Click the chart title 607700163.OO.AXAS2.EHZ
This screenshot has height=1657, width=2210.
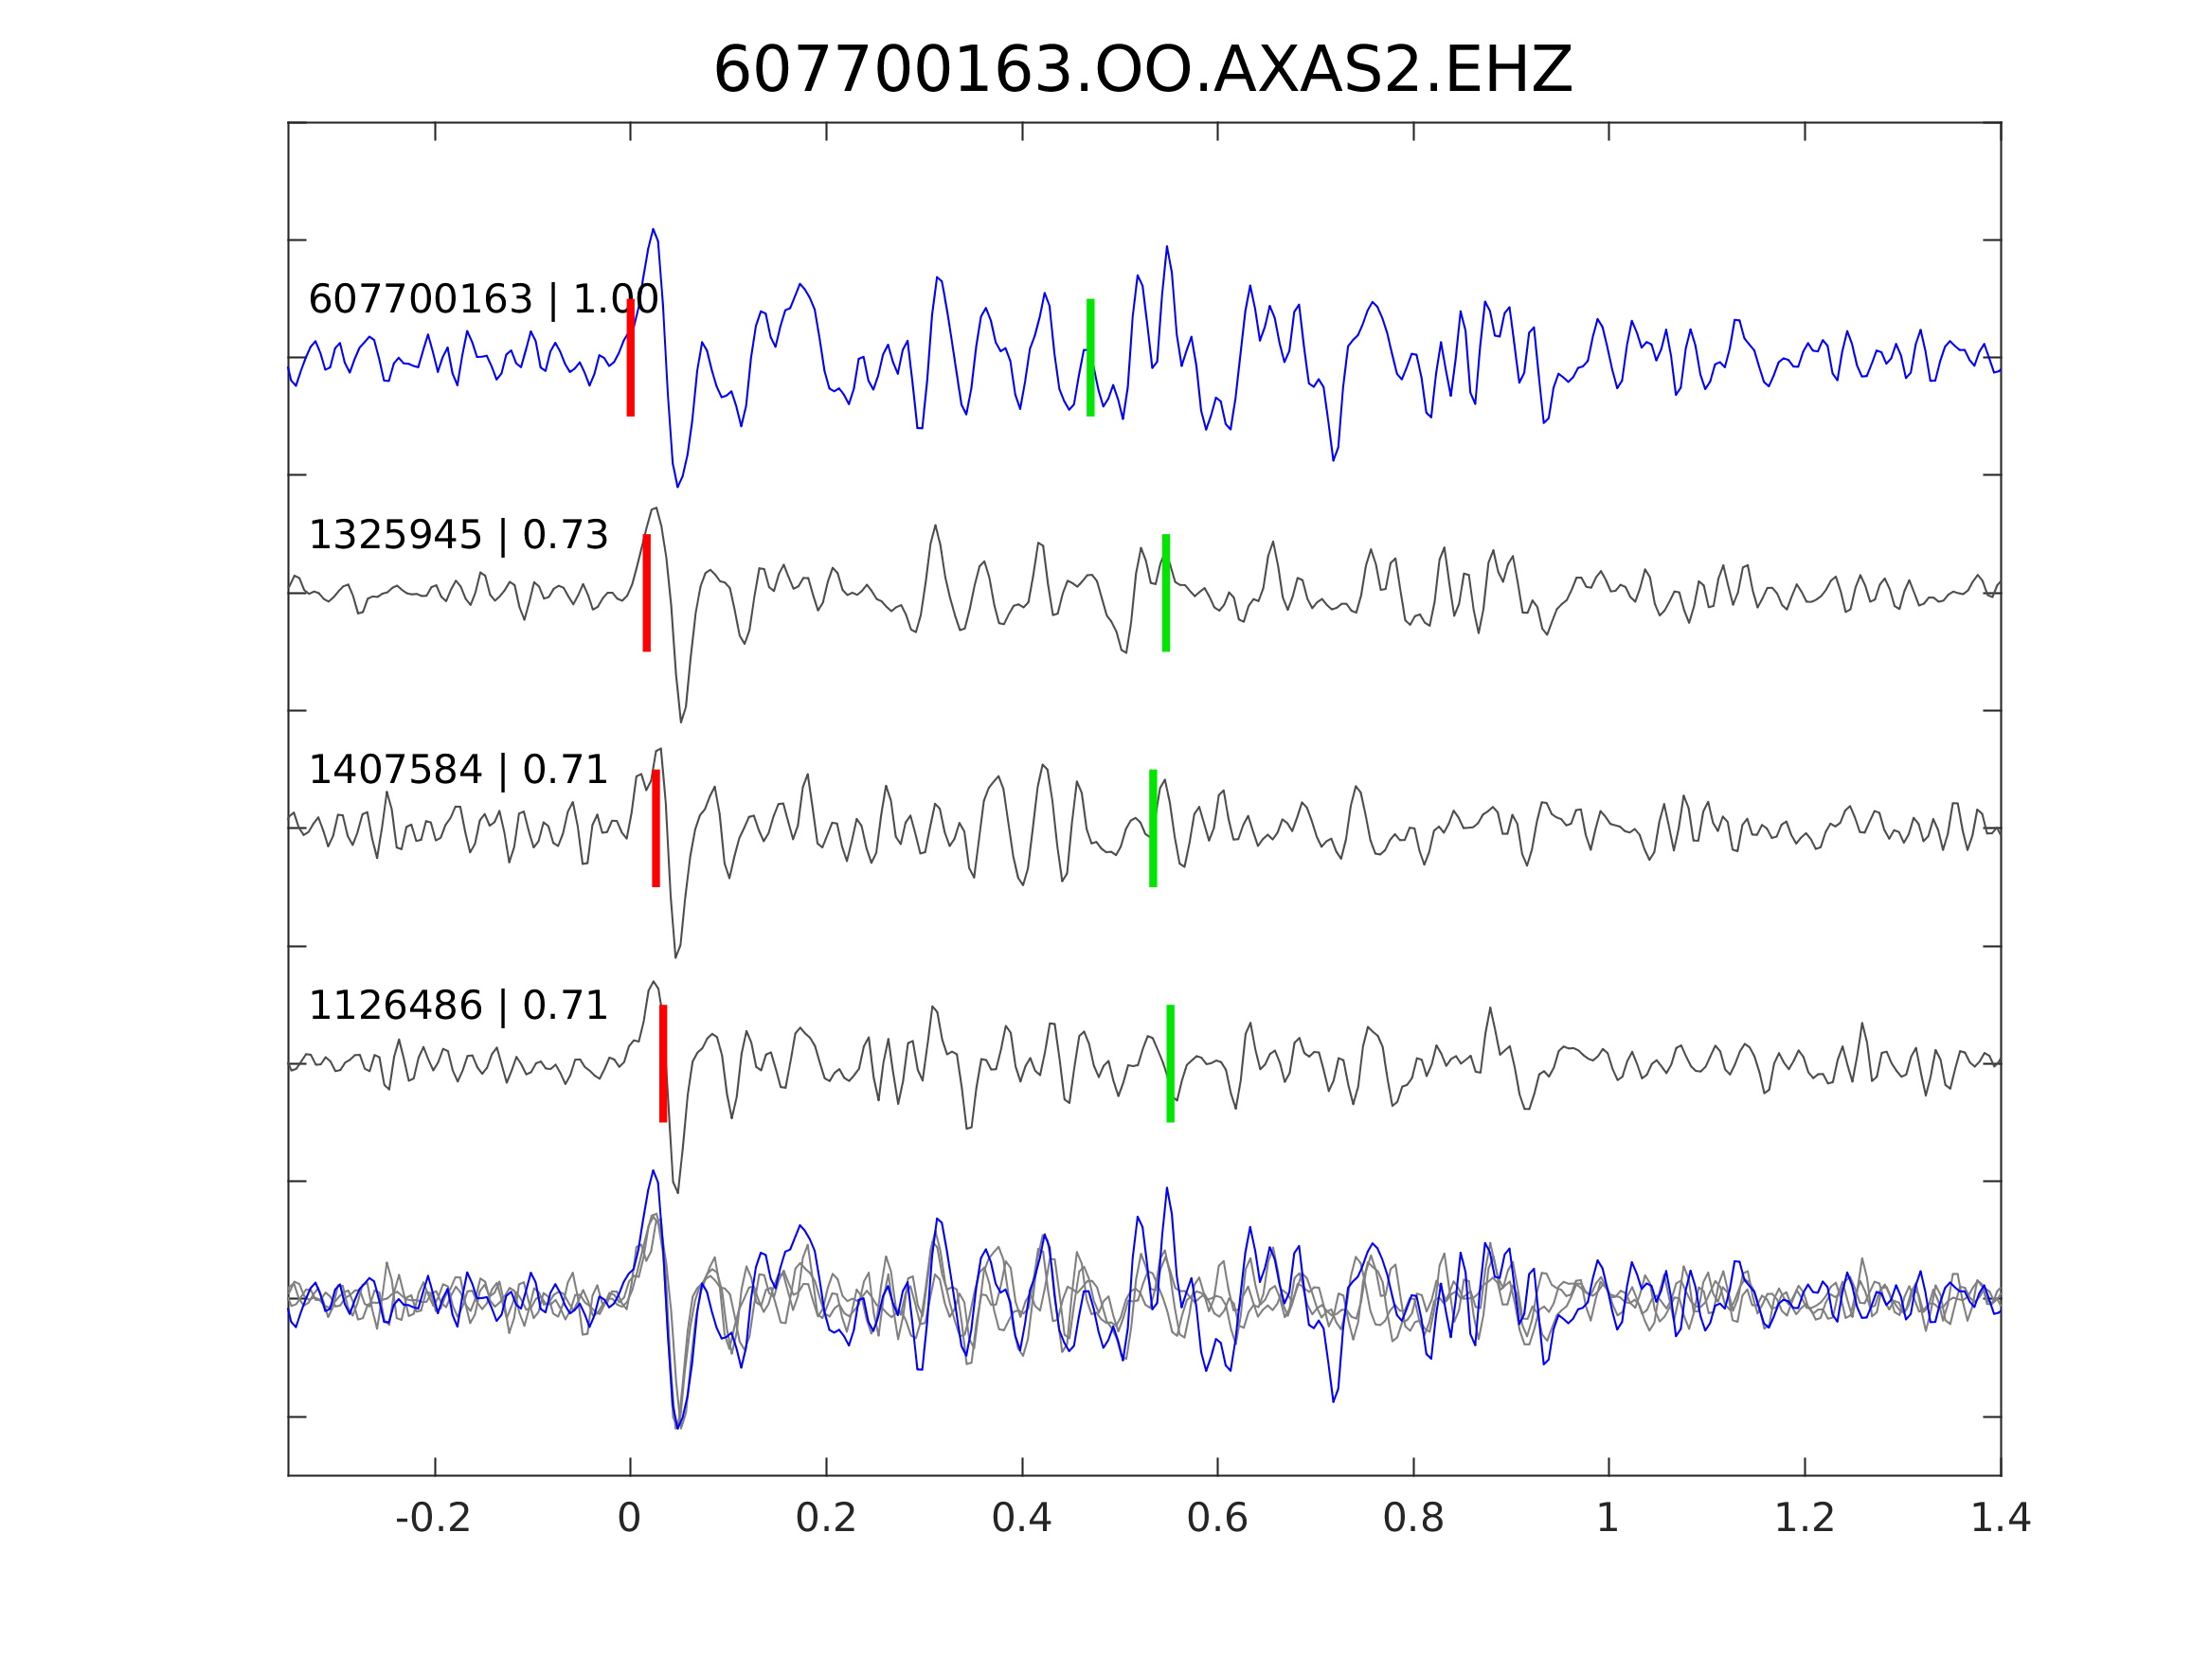[1143, 72]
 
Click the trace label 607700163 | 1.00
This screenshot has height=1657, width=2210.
[483, 299]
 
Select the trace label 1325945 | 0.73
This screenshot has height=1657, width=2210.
[458, 536]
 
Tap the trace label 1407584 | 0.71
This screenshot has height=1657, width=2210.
[458, 771]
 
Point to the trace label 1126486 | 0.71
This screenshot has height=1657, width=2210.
[458, 1007]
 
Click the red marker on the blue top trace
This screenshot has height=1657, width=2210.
[631, 358]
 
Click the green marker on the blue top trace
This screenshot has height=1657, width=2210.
[1090, 358]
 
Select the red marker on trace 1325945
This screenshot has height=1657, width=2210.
[646, 594]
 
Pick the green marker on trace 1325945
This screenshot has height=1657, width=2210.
[1166, 594]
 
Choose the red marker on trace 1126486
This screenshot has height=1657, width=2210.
[662, 1063]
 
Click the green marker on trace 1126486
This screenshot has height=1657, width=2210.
[1170, 1063]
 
